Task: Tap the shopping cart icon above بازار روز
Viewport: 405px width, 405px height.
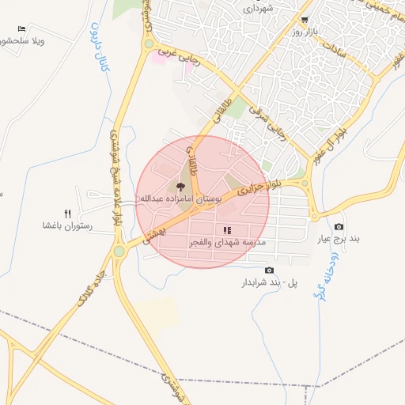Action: coord(305,21)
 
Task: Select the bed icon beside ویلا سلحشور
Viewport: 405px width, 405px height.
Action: coord(21,29)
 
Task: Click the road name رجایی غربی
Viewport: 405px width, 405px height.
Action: coord(176,53)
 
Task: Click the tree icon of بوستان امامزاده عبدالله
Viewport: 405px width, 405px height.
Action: coord(181,187)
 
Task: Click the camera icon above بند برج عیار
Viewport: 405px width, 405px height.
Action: coord(339,227)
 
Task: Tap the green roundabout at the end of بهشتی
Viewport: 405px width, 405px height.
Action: coord(119,252)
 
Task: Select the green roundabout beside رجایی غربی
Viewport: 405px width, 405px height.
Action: coord(148,44)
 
